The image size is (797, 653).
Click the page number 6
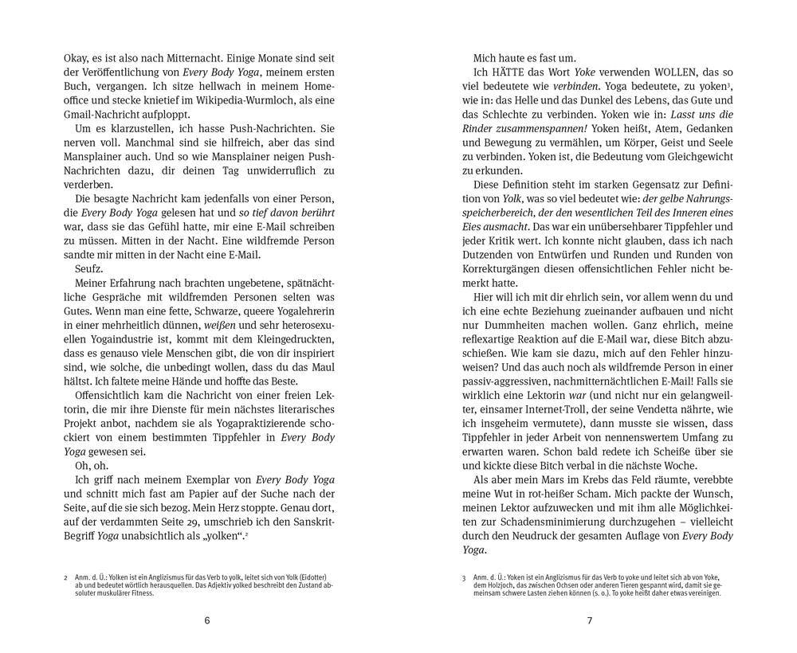[x=207, y=620]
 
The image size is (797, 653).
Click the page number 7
[x=590, y=620]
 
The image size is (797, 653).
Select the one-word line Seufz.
[x=89, y=268]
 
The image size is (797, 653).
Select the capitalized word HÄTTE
[x=509, y=73]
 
